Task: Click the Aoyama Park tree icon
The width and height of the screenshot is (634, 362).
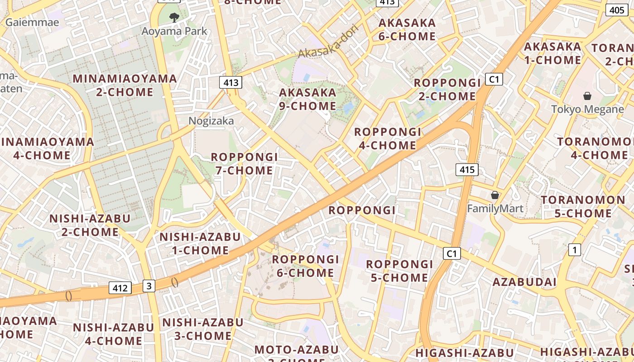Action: coord(174,18)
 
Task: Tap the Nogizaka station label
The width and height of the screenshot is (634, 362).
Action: coord(211,121)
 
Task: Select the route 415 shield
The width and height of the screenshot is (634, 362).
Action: coord(466,170)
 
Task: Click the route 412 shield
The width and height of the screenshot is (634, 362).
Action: coord(120,287)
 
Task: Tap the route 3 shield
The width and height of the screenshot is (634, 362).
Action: coord(149,286)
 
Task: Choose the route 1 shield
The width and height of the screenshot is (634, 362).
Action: coord(575,249)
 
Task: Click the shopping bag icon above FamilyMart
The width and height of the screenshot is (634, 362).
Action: coord(495,195)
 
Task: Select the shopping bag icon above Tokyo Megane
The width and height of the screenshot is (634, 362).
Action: coord(587,95)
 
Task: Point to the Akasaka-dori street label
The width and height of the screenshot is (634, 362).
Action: coord(328,41)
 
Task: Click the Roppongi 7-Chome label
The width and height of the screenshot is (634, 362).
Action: coord(244,164)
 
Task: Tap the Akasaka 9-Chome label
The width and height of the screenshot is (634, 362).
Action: coord(308,99)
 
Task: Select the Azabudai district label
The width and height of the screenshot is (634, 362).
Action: coord(524,282)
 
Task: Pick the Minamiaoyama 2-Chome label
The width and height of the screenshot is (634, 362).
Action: coord(125,85)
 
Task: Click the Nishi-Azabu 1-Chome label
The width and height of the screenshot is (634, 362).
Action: coord(200,243)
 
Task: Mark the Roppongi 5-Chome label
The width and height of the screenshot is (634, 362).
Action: coord(399,271)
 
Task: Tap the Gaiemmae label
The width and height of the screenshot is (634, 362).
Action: coord(32,22)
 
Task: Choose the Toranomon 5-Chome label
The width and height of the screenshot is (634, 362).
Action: coord(583,206)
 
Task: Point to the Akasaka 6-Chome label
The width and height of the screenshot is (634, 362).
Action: coord(407,29)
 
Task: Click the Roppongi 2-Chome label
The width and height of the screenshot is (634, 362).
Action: coord(447,89)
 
